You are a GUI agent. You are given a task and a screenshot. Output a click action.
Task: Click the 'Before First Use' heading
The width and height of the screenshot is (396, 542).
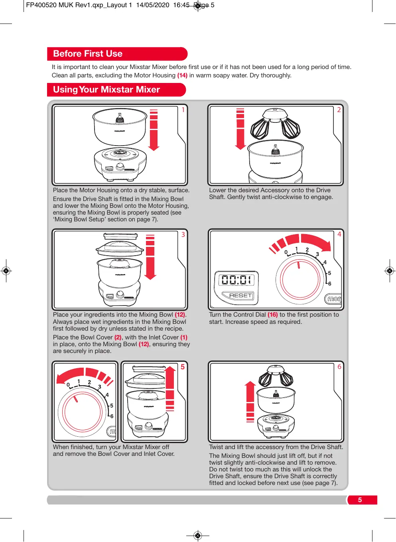(88, 53)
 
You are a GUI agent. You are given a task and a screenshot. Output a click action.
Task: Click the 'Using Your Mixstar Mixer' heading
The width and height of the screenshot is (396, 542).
(106, 89)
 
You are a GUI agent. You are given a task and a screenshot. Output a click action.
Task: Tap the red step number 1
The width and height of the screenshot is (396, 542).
(183, 110)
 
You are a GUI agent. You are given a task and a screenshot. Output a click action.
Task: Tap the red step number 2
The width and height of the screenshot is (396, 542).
(339, 110)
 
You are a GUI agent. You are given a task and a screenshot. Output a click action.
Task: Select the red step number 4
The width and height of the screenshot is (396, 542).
(339, 234)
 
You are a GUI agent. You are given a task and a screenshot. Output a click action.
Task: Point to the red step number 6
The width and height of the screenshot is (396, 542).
(339, 367)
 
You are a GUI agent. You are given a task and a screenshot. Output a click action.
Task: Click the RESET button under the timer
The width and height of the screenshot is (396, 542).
(238, 295)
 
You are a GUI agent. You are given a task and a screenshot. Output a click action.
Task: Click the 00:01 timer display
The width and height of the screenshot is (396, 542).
(236, 280)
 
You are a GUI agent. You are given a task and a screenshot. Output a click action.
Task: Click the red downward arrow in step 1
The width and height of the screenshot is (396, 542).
(154, 130)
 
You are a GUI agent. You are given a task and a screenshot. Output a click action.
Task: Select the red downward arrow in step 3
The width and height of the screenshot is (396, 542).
(150, 257)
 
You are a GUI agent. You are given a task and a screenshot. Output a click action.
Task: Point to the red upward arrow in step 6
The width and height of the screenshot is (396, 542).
(250, 402)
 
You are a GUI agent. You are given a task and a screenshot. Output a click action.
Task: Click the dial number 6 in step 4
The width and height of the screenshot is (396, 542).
(329, 283)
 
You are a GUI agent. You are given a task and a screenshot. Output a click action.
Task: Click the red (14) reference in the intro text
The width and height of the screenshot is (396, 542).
(182, 75)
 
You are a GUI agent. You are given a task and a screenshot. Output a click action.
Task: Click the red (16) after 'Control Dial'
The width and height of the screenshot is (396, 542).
(273, 315)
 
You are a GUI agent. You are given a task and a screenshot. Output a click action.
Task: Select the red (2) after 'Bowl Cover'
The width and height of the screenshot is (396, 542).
(118, 337)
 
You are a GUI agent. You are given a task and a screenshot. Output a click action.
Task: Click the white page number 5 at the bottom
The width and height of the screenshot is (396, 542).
(360, 500)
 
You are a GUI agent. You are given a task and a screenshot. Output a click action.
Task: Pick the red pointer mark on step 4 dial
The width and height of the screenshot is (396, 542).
(299, 265)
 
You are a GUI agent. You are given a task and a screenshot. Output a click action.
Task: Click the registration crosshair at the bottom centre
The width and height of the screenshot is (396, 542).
(198, 535)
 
